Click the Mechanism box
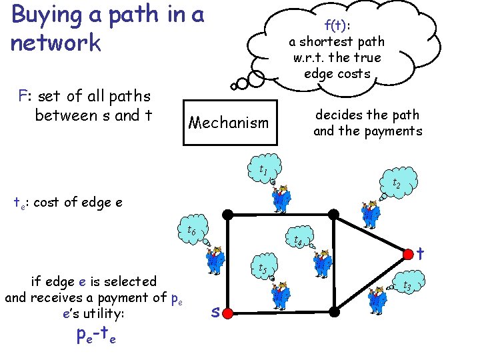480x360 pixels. point(229,123)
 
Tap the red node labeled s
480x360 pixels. point(228,311)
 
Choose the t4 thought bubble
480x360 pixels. point(299,240)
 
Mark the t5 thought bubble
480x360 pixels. point(263,268)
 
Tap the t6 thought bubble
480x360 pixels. point(191,230)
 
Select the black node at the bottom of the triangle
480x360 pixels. point(335,311)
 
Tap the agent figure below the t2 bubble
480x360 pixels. point(369,211)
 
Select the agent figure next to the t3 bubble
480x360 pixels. point(377,299)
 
